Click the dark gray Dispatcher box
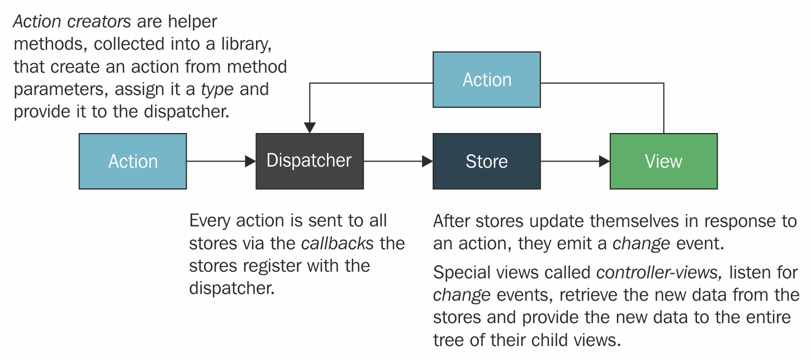click(310, 161)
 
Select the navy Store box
click(487, 161)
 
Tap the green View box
click(663, 161)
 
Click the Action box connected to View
click(487, 80)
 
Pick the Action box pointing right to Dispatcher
click(133, 161)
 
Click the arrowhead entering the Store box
click(427, 161)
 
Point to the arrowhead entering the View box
click(604, 161)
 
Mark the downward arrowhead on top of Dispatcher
click(310, 128)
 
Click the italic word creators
click(99, 22)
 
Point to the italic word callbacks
click(337, 243)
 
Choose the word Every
click(210, 221)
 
